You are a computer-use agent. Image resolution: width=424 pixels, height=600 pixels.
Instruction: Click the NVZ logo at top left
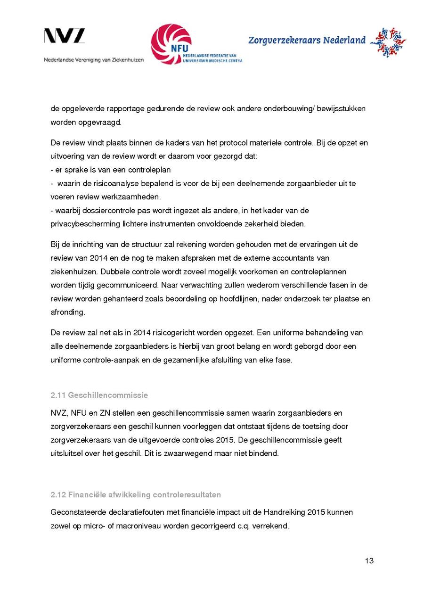tap(65, 36)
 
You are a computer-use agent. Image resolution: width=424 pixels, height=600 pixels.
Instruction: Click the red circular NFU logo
tap(171, 44)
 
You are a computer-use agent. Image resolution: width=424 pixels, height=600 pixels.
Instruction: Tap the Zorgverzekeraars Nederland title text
tap(307, 41)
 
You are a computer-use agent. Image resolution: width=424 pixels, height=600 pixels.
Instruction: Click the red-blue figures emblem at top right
tap(388, 42)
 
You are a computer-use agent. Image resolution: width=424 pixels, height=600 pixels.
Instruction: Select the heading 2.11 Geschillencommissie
tap(99, 395)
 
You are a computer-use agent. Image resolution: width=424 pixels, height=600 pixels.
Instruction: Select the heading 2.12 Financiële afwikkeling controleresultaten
tap(136, 495)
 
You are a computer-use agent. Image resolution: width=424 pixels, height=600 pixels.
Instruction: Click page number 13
tap(369, 560)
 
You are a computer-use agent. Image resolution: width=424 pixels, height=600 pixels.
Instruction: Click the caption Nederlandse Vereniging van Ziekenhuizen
tap(94, 60)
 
